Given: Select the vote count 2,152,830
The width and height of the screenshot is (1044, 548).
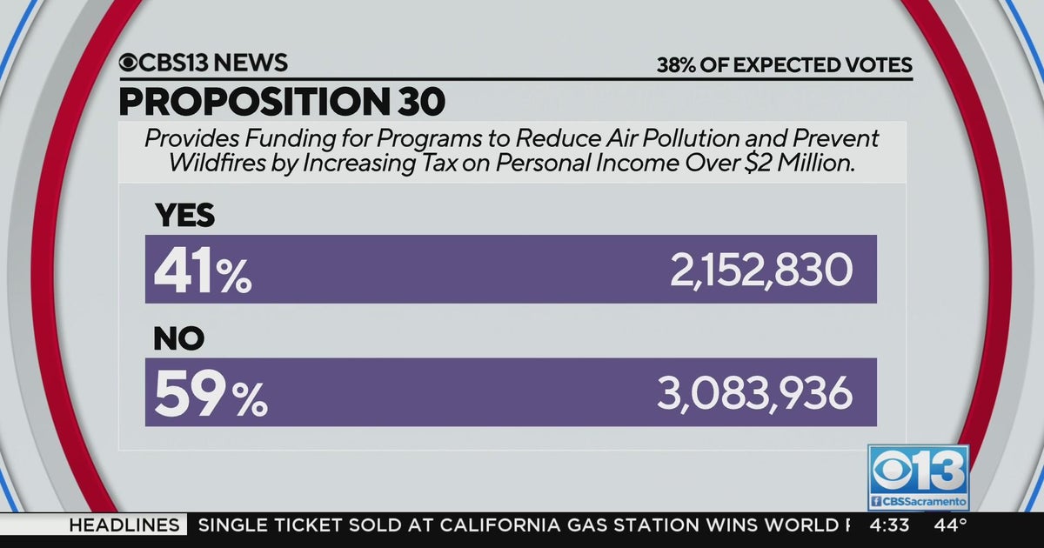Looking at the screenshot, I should click(760, 272).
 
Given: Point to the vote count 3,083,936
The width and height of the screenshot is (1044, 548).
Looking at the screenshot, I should click(754, 395).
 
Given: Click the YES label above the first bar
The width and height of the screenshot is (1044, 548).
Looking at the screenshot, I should click(184, 216).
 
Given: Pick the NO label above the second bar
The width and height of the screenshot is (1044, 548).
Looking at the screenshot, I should click(178, 339).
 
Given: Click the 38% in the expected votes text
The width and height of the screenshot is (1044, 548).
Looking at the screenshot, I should click(676, 64).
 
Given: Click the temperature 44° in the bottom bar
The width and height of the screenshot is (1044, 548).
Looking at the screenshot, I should click(952, 525).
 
